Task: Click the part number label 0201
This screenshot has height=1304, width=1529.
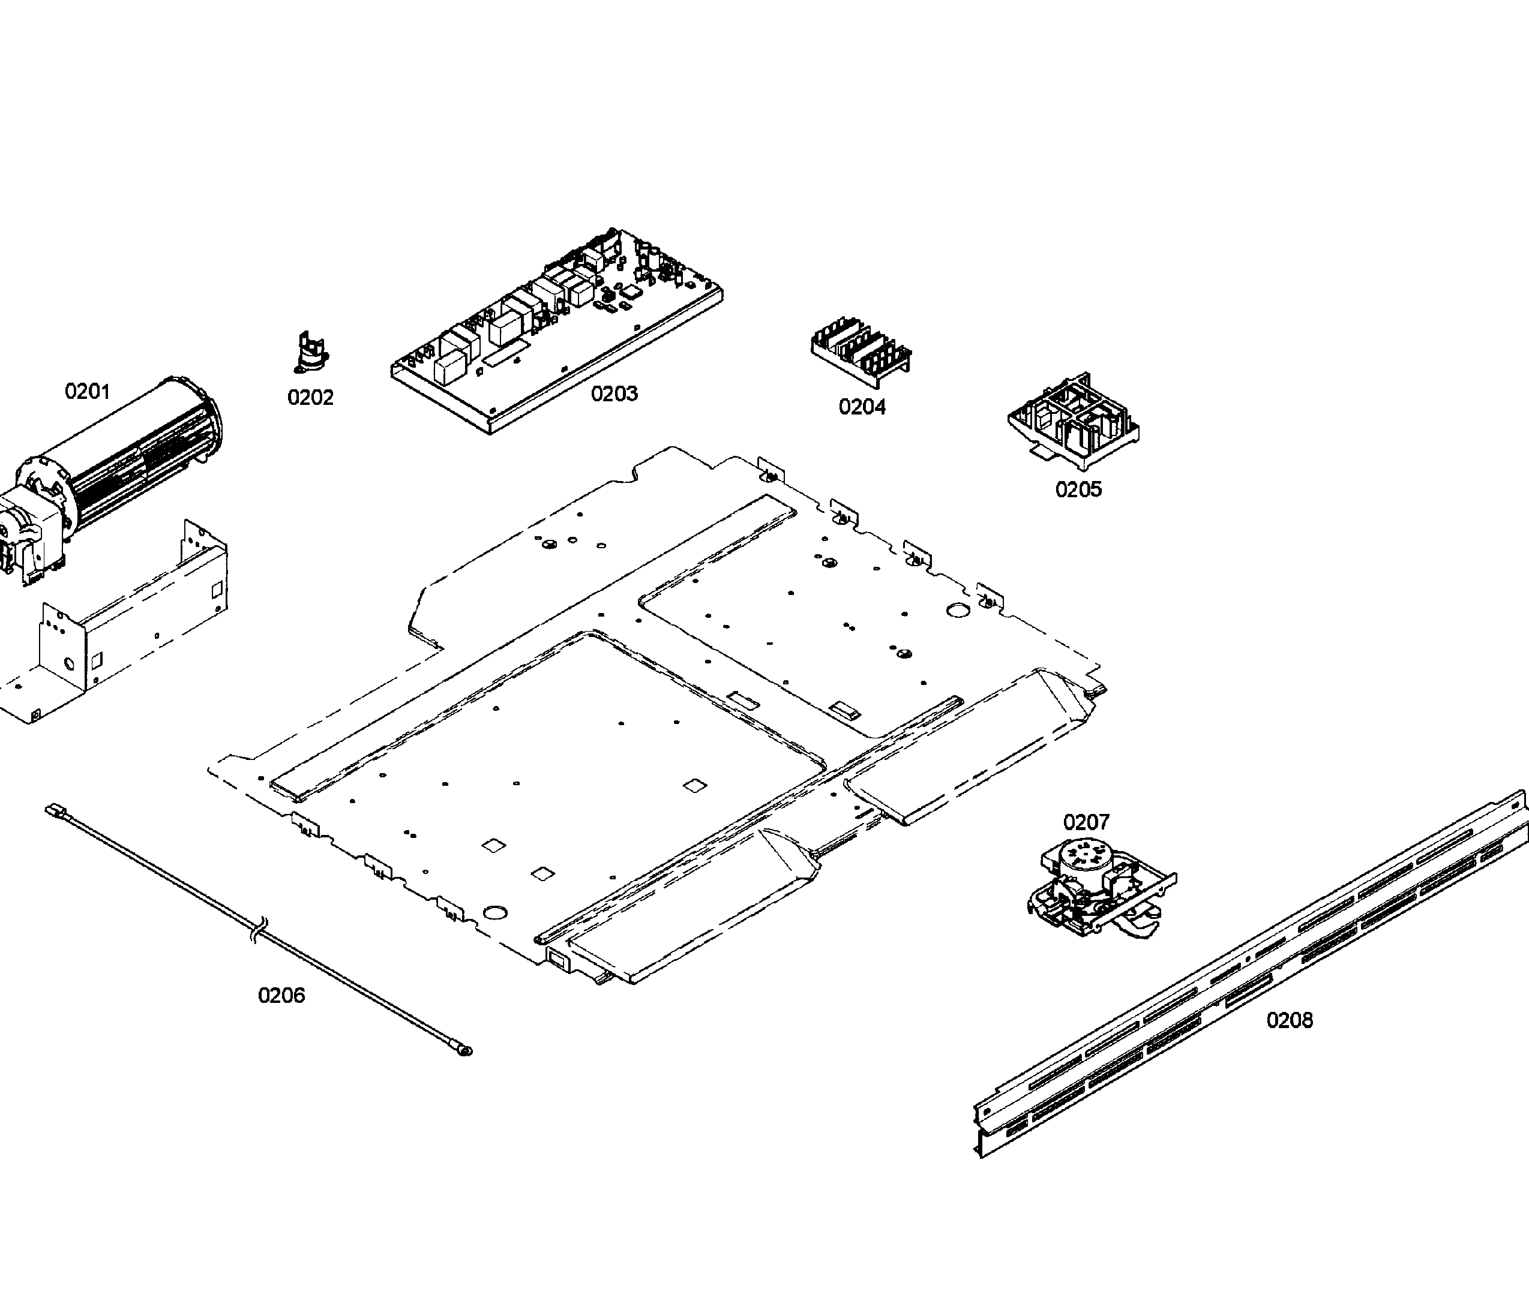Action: click(x=87, y=392)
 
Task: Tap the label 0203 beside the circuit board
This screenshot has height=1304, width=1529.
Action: click(x=614, y=394)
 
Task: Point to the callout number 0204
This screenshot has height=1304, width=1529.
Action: click(x=862, y=407)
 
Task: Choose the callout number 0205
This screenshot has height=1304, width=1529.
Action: click(x=1078, y=489)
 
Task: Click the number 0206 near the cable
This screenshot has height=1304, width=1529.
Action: click(x=281, y=996)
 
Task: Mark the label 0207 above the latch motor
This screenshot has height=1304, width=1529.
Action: click(x=1086, y=822)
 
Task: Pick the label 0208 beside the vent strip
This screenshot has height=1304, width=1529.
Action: click(x=1289, y=1020)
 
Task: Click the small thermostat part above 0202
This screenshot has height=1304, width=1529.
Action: click(x=311, y=353)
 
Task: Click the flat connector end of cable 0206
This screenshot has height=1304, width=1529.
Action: click(x=54, y=809)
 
